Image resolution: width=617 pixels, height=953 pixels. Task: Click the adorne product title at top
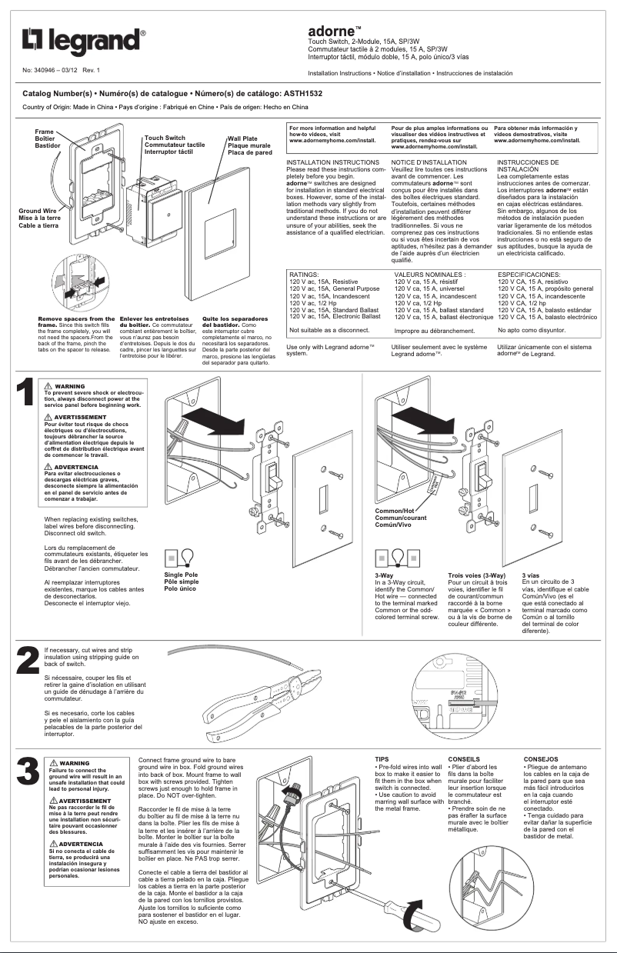click(x=331, y=30)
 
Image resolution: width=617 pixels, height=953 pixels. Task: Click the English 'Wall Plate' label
click(x=242, y=138)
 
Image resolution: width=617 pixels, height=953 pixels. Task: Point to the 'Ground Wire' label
click(x=38, y=210)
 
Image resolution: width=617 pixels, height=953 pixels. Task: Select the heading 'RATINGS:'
click(x=304, y=275)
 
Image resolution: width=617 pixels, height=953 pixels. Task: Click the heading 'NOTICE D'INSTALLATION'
click(x=429, y=163)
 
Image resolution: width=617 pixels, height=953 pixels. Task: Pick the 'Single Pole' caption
click(x=181, y=575)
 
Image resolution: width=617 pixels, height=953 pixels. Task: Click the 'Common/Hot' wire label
click(x=394, y=511)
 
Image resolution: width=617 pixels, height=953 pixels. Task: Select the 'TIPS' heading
click(x=382, y=759)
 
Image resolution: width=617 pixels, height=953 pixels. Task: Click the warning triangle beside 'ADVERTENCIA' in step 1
click(x=50, y=467)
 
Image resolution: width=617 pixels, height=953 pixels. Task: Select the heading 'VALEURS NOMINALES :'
click(x=430, y=275)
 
